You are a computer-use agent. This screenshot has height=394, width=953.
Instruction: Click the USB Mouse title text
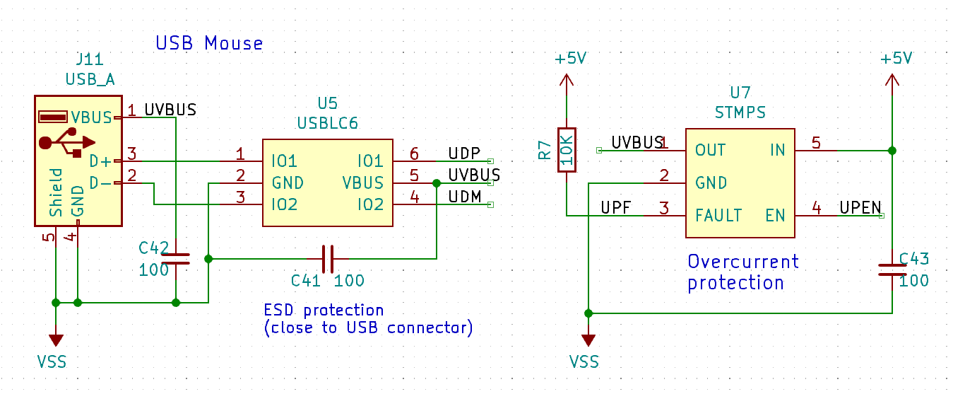[x=209, y=43]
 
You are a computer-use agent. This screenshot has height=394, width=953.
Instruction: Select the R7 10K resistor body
[x=567, y=150]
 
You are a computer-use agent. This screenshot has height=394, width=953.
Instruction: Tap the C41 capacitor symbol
[x=328, y=259]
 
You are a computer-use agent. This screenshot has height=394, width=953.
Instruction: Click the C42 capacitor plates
[x=176, y=259]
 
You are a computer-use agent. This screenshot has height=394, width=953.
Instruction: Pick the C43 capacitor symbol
[x=892, y=270]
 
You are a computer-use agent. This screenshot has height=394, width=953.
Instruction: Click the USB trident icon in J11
[x=67, y=143]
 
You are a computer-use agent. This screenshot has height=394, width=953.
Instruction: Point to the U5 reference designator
[x=328, y=103]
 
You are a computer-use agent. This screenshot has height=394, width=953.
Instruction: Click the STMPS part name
[x=740, y=113]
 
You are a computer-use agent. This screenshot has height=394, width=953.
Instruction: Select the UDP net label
[x=464, y=153]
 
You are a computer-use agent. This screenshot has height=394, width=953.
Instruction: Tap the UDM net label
[x=465, y=197]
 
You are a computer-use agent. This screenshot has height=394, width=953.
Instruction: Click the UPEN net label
[x=860, y=208]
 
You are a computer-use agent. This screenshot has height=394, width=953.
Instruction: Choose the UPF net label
[x=615, y=208]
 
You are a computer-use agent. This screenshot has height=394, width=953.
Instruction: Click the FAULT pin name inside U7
[x=718, y=216]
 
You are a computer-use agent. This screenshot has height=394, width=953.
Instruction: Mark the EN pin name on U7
[x=775, y=216]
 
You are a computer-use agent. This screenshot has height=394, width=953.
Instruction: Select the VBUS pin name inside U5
[x=363, y=183]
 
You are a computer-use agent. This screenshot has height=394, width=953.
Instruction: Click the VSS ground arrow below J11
[x=56, y=340]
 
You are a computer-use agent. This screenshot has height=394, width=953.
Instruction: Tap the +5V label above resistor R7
[x=571, y=58]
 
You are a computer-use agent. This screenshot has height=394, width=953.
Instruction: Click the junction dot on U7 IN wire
[x=892, y=151]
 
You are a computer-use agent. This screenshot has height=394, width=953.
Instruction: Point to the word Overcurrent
[x=743, y=262]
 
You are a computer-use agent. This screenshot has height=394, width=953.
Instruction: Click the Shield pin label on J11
[x=56, y=192]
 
